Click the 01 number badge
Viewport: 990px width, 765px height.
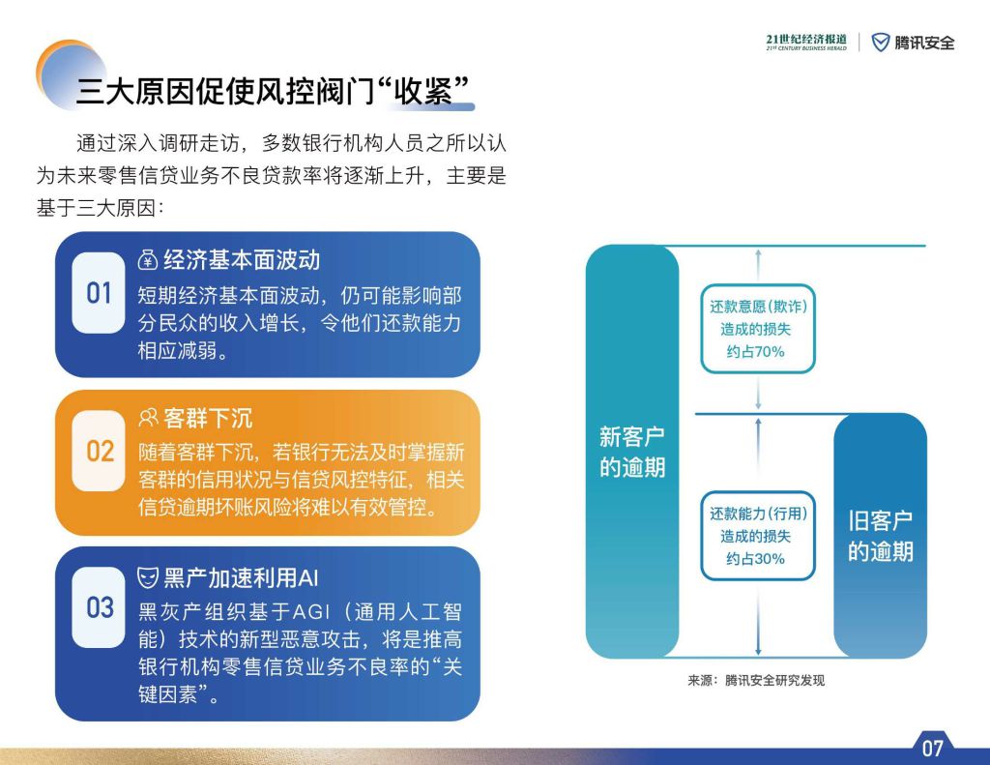99,293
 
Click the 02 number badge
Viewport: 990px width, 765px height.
99,451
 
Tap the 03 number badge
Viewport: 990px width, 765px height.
99,607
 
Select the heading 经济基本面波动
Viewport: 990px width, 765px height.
242,259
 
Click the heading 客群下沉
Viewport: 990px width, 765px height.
208,418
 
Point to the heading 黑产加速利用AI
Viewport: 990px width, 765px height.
241,577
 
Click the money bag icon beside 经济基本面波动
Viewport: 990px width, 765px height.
148,259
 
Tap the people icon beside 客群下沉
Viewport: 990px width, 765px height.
148,418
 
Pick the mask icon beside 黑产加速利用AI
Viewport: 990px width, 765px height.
148,577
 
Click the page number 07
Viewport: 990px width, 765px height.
932,749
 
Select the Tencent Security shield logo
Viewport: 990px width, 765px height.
880,43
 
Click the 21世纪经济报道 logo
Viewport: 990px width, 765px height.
806,43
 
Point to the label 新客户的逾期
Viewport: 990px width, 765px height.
632,452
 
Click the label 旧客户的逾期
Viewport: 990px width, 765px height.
880,536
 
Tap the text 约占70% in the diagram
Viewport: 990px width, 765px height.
756,352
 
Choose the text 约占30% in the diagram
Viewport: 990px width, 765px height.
756,558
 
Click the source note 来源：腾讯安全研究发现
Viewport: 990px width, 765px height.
756,680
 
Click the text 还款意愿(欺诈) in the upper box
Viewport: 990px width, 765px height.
758,307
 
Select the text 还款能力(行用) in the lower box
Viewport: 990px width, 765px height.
758,514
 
